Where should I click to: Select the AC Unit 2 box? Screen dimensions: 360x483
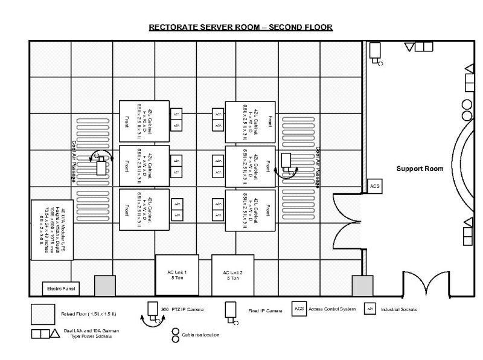pos(232,275)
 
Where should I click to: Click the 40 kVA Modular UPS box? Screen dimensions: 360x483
pos(51,230)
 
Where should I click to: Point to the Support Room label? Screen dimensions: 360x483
pos(420,169)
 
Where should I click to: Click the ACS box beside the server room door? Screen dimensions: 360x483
pos(375,187)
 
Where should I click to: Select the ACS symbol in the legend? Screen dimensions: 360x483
pos(299,309)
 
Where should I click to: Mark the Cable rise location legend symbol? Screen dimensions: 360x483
pos(176,335)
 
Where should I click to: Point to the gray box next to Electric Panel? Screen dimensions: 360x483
pos(104,286)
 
